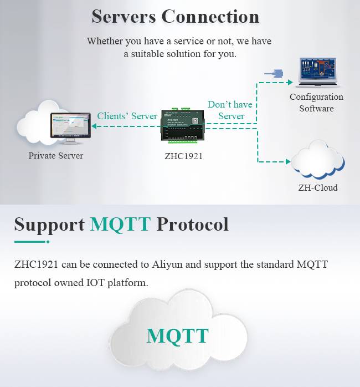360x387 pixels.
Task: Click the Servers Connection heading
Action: pos(176,16)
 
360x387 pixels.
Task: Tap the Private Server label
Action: pos(56,156)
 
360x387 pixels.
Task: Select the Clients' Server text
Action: pos(127,116)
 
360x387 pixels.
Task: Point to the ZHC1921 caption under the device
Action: pos(183,156)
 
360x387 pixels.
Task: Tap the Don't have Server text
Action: pos(230,110)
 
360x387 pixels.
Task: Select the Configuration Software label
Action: pos(316,103)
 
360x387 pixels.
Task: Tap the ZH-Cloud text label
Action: pos(318,187)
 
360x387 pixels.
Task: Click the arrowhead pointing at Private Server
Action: pos(94,126)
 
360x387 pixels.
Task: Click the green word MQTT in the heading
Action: pos(120,224)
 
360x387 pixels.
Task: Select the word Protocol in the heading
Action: pos(193,224)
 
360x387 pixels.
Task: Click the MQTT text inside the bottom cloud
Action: pos(177,335)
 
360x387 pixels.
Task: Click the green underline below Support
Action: pos(31,242)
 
